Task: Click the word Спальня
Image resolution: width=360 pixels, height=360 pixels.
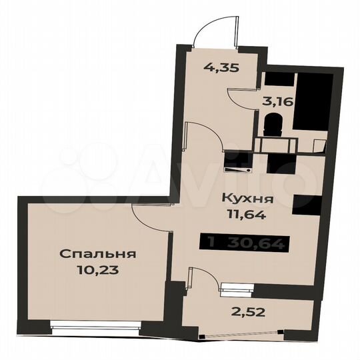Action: pos(98,254)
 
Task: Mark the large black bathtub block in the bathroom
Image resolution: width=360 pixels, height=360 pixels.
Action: pos(313,103)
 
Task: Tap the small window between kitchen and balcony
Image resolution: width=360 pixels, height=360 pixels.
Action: pos(237,288)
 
